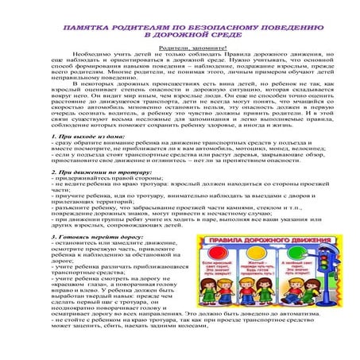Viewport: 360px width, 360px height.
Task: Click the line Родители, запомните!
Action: [x=180, y=48]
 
